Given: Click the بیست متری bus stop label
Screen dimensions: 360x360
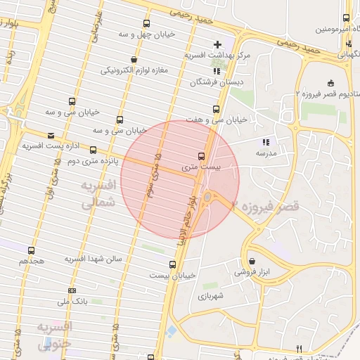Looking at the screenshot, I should tap(201, 167).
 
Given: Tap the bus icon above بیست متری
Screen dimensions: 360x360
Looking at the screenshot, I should tap(202, 156).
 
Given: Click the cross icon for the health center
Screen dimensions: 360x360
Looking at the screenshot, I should tap(217, 45).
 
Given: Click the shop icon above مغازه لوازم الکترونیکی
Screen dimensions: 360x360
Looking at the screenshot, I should tap(134, 59).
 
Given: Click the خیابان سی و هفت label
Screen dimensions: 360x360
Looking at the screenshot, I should tap(217, 120).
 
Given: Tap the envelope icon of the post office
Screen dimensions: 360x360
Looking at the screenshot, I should tap(50, 136).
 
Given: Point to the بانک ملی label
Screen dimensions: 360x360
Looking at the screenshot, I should tap(72, 301).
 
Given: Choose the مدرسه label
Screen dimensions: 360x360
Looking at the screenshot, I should tap(266, 153).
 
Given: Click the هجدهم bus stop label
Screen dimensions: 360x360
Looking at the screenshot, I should tap(32, 261).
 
